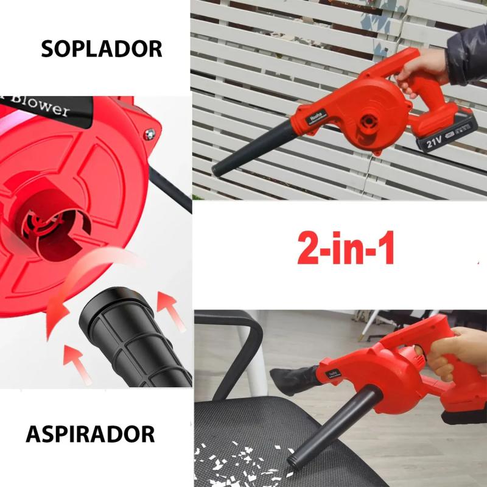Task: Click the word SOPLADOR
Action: coord(102,49)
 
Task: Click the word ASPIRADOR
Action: coord(90,434)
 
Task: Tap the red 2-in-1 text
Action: coord(346,248)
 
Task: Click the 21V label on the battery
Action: coord(434,143)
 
